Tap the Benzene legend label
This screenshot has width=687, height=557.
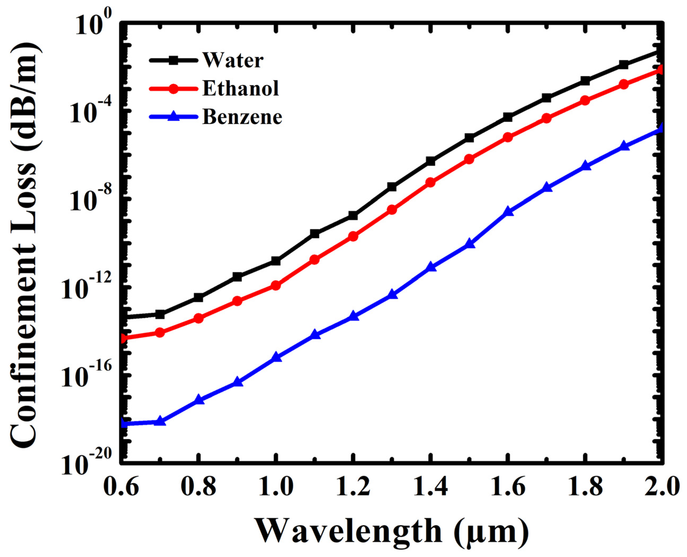pos(242,117)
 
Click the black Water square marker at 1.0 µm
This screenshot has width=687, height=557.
pos(276,261)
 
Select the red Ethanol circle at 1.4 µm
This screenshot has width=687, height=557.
pos(431,183)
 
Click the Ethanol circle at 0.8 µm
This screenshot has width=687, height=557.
pos(198,318)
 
